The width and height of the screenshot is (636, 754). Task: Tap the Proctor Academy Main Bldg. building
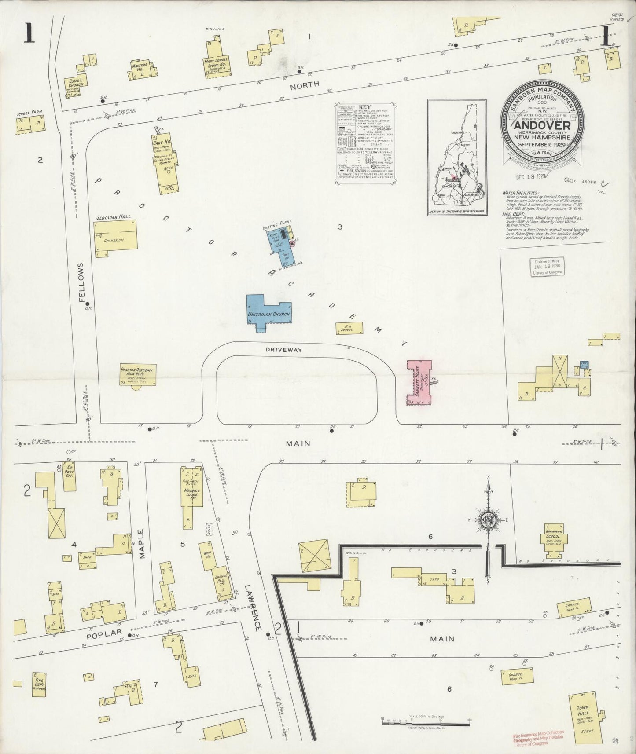(x=138, y=375)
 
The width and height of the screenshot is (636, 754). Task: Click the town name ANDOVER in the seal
(x=541, y=124)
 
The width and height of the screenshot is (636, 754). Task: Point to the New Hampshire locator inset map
(x=457, y=157)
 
